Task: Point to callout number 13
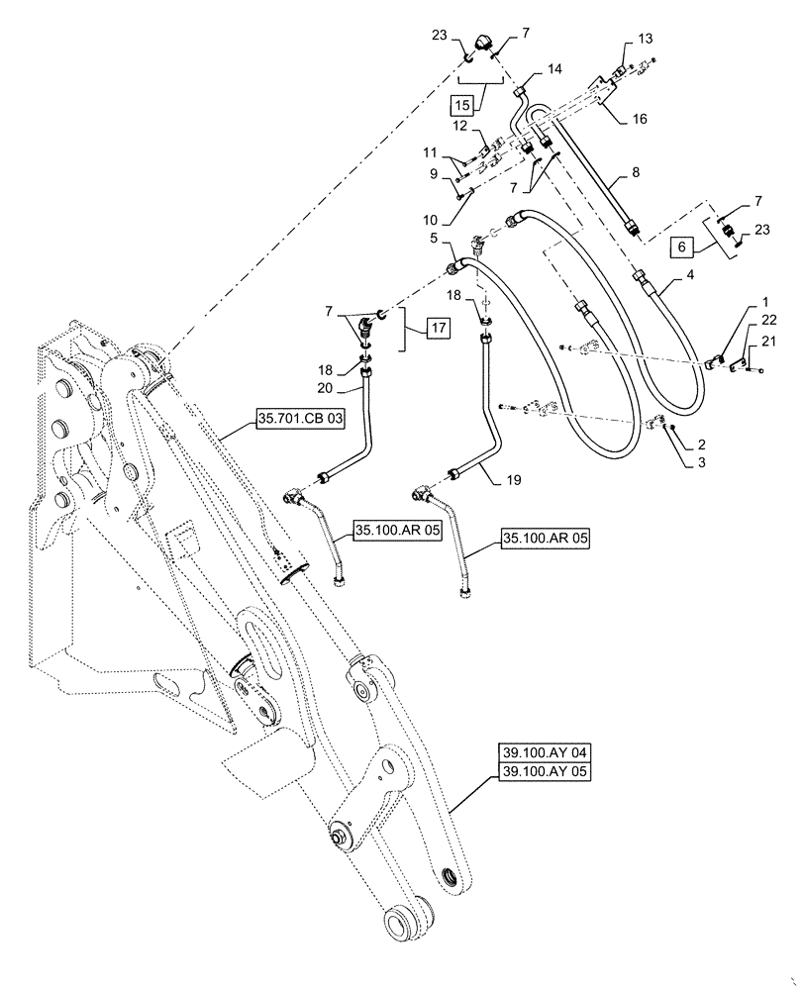[646, 39]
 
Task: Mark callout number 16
[640, 118]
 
